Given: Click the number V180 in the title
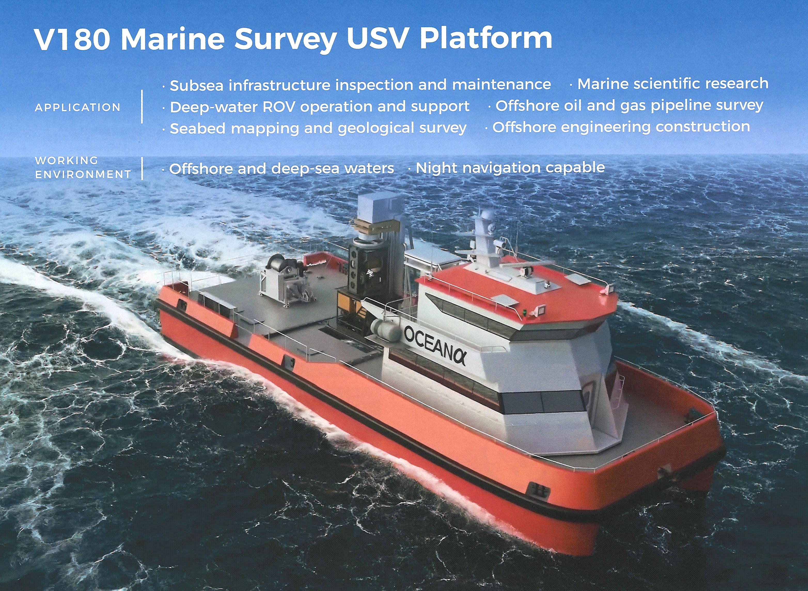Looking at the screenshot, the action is point(71,39).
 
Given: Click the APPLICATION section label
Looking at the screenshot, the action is point(78,107).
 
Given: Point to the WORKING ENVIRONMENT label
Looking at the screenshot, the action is point(83,167).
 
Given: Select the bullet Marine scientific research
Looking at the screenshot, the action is point(672,84).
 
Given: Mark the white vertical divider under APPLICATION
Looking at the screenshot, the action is point(142,107).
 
